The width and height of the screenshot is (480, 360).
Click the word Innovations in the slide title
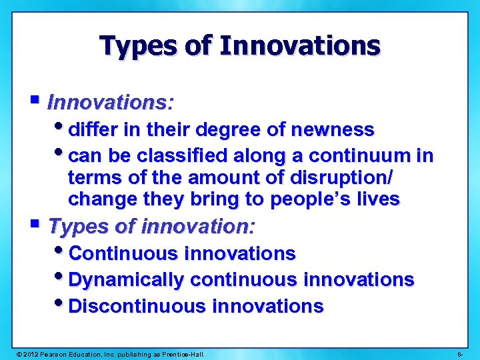[x=299, y=46]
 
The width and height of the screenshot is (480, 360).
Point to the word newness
[x=337, y=129]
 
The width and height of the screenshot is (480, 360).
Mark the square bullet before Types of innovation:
[x=35, y=225]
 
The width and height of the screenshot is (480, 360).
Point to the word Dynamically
[x=125, y=280]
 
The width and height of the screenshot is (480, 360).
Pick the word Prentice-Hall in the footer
[x=182, y=353]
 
